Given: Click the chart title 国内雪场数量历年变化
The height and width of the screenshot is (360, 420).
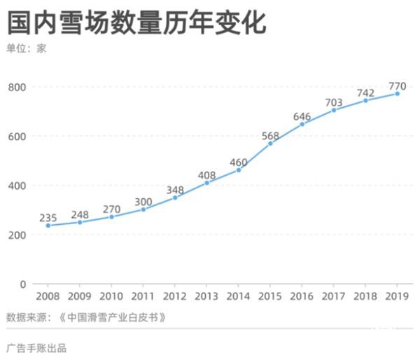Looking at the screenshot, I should pos(136,22).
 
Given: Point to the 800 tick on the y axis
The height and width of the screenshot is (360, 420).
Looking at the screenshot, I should pos(17,87).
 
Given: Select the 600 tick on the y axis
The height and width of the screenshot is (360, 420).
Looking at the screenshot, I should pos(17,137).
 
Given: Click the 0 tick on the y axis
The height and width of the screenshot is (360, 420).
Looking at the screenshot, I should pos(23,284).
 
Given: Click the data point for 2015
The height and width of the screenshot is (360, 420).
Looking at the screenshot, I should pos(271,144).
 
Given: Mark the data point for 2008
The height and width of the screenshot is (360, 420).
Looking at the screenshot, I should pos(48,226).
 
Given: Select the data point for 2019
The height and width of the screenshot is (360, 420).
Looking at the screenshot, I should pos(398,94).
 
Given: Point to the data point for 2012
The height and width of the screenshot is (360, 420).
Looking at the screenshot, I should pos(175,198).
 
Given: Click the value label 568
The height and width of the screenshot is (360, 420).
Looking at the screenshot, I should pos(271,135).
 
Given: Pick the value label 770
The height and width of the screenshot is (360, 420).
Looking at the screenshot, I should pos(398,86).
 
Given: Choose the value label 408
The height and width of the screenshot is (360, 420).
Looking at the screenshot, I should pos(207,174).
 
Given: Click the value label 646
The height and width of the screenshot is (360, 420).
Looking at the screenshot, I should pos(302,116).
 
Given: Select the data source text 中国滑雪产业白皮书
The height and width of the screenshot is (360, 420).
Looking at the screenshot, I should pos(112,317).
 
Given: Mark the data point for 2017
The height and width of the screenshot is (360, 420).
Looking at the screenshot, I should pos(334,110).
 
